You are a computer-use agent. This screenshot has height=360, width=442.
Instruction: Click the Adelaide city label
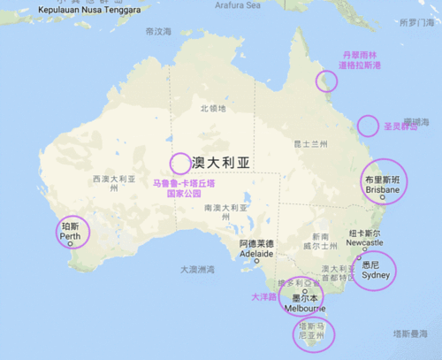coord(256,249)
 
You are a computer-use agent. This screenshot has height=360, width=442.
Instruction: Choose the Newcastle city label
coord(364,238)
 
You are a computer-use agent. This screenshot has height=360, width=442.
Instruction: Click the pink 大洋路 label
coord(263,297)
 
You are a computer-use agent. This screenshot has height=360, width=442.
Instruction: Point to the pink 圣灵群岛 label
coord(400,126)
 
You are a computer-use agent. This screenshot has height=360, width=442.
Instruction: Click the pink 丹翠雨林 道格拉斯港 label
coord(362,59)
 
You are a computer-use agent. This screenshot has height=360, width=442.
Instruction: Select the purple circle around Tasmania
coord(315,333)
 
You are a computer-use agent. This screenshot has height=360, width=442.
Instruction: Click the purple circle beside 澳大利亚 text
coord(179,163)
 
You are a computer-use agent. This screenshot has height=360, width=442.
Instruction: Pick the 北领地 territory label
coord(213,108)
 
